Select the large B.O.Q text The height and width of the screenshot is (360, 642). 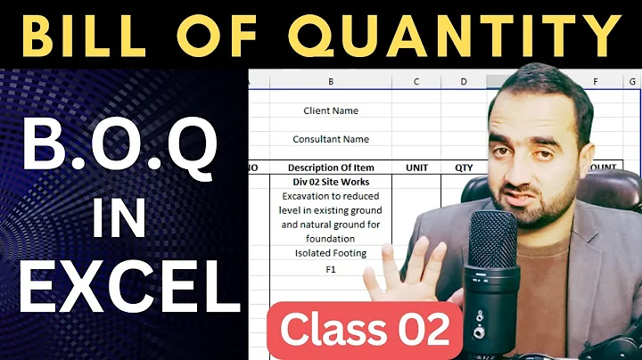click(119, 147)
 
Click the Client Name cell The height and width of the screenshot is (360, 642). click(331, 111)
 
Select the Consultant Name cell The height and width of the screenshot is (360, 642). click(331, 139)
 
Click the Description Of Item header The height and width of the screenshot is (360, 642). click(331, 168)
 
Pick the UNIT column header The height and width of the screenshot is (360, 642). click(417, 168)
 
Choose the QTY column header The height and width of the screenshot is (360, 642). click(463, 168)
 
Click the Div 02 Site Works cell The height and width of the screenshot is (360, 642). click(331, 182)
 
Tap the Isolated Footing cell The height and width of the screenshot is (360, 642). click(331, 253)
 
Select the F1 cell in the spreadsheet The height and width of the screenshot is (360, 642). click(331, 267)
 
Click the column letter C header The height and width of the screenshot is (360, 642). click(416, 82)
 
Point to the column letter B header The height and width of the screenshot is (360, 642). click(331, 82)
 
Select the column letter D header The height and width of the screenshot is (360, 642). click(464, 82)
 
